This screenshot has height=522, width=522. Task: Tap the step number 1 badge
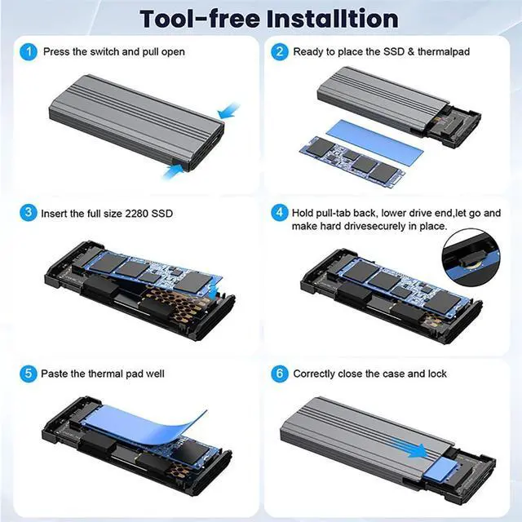tap(29, 51)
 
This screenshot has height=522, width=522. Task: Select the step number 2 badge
tap(280, 51)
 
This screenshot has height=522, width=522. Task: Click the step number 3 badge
tap(29, 214)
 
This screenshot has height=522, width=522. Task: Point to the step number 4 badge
tap(280, 214)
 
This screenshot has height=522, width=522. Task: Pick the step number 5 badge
tap(29, 374)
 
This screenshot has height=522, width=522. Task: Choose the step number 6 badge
tap(280, 374)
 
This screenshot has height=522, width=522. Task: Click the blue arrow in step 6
tap(412, 447)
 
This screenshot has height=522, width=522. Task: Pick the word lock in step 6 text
tap(437, 374)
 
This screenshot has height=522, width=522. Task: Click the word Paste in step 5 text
tap(58, 374)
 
